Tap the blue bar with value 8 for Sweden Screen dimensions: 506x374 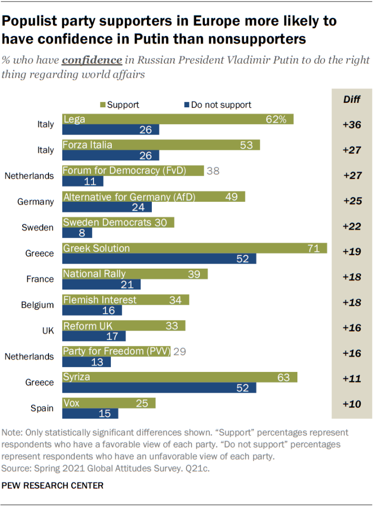point(77,233)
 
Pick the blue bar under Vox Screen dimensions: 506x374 point(90,413)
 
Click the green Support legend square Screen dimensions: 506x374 point(103,105)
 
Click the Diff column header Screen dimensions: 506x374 point(351,100)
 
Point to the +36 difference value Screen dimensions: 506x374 point(351,125)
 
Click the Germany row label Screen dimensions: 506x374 point(36,202)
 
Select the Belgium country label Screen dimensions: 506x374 point(38,305)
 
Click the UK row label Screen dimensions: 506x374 point(47,330)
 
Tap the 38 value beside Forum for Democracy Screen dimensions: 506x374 point(213,171)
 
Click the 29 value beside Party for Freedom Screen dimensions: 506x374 point(179,351)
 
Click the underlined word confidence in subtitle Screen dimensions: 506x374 point(92,60)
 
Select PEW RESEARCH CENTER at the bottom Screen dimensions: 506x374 point(52,486)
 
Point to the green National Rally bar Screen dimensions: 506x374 point(135,274)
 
